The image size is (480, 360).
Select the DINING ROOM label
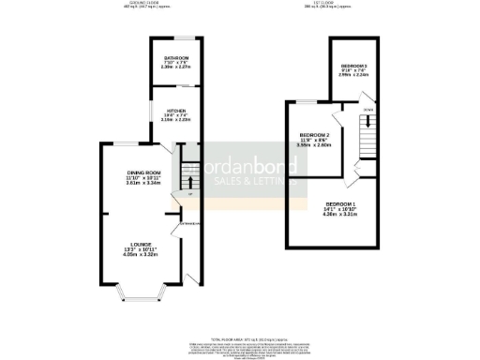pyautogui.click(x=145, y=174)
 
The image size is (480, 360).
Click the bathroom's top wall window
pyautogui.click(x=171, y=37)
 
